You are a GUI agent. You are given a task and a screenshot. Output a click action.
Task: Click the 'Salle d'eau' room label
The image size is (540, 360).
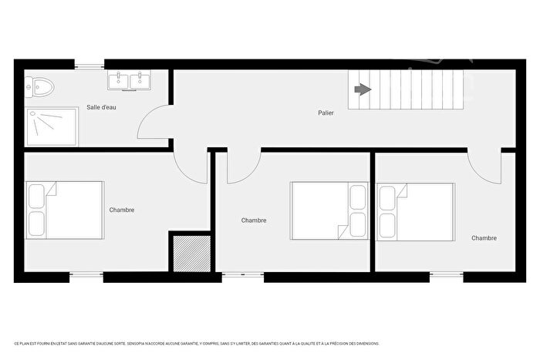pos(101,107)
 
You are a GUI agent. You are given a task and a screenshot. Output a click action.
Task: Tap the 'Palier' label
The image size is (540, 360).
pos(326,113)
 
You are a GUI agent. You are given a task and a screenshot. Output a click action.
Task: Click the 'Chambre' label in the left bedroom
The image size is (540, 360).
pos(122,210)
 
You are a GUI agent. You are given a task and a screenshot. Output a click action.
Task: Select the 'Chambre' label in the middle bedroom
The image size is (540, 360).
pos(254,220)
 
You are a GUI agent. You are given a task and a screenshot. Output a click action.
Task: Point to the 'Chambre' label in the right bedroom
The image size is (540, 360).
pos(484,238)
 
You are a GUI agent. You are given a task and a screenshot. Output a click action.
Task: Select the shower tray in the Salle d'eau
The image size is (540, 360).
pos(52,126)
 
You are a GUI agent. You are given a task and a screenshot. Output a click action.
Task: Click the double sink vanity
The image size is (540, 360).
pos(127,79)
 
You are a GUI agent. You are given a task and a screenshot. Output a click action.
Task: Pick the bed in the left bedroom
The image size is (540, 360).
pos(65,210)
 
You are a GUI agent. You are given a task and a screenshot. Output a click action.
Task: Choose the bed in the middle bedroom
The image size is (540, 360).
pos(328,210)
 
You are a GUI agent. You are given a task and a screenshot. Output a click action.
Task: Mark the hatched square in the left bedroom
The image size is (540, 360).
pos(189,253)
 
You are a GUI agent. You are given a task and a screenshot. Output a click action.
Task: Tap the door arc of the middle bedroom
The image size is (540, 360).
pos(242,169)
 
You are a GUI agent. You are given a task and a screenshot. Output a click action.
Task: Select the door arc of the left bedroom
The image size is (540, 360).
pos(190,168)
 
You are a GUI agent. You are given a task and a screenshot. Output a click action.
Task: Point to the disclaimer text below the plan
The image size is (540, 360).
pos(201,344)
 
